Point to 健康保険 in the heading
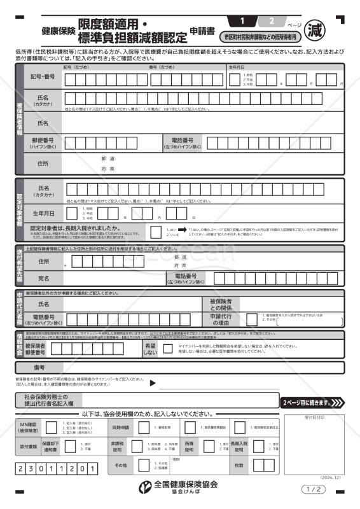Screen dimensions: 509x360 [59, 30]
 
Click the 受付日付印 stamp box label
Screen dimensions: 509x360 [314, 418]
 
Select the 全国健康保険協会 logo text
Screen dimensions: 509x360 [187, 484]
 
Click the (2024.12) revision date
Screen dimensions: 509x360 [331, 477]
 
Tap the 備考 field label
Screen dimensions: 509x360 [39, 368]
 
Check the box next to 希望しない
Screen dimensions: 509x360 [167, 349]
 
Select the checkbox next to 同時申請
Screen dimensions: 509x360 [144, 428]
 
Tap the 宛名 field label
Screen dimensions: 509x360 [43, 277]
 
